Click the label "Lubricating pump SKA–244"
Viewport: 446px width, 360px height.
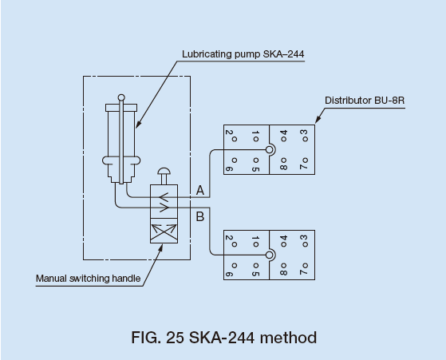(x=243, y=54)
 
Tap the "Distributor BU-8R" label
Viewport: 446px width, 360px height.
(x=365, y=101)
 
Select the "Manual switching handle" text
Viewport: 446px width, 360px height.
(x=89, y=279)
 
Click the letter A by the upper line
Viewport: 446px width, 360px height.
(x=200, y=191)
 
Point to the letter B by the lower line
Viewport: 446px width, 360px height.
(x=200, y=217)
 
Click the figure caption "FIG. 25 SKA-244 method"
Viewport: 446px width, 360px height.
(x=224, y=338)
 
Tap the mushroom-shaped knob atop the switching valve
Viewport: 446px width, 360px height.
(x=164, y=172)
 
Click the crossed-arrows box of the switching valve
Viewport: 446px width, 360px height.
(x=164, y=231)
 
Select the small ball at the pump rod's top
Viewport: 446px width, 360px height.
(x=121, y=97)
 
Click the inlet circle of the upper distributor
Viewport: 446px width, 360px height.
(x=270, y=150)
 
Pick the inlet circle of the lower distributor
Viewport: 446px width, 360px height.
(x=270, y=255)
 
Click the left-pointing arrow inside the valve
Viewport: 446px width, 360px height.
(x=164, y=197)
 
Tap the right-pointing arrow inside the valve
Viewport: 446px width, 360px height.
(x=164, y=208)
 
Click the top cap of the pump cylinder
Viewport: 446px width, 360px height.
(x=121, y=108)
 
